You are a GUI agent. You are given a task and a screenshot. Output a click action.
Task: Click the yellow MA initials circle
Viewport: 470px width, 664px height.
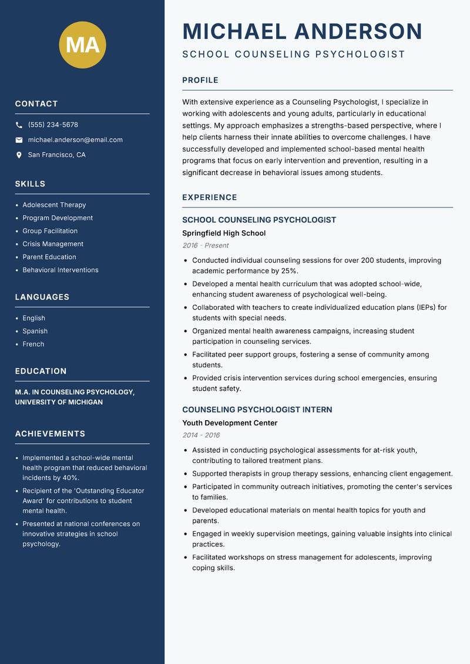pos(82,45)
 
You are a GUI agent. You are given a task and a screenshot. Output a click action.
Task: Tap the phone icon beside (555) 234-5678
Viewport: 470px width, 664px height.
pos(19,125)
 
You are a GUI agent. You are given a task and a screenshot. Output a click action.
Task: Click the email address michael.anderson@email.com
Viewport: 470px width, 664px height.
pos(75,140)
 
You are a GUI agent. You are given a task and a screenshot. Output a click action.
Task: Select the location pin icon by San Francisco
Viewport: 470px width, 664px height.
pos(19,155)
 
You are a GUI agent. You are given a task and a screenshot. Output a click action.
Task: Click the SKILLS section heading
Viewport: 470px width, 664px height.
pos(30,184)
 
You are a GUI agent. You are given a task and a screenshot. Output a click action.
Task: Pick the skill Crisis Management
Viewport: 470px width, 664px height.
pos(53,244)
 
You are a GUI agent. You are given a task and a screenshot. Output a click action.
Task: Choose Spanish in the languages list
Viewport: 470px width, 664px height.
pos(35,331)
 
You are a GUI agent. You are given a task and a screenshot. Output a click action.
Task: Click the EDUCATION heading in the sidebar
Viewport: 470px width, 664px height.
pos(41,371)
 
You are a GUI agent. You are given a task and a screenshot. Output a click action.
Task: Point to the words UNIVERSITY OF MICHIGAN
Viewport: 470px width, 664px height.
pos(59,403)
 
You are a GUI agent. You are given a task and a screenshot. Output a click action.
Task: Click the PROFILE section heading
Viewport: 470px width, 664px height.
pos(200,81)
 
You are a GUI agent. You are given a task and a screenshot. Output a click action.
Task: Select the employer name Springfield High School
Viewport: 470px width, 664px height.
pos(224,233)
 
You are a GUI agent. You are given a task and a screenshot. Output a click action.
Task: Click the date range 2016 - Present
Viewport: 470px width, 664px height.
pos(205,246)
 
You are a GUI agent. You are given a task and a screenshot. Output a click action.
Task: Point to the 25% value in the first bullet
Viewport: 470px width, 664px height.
pos(288,271)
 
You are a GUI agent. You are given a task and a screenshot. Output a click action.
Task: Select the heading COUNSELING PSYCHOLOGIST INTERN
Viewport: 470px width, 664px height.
pos(257,410)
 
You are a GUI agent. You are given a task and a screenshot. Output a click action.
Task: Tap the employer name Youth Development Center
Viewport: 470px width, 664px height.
pos(230,423)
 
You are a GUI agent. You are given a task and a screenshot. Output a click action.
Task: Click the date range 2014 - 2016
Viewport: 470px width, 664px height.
pos(201,435)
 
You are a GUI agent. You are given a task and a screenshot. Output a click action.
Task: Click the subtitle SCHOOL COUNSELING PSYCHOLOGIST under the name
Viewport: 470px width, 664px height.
pos(294,55)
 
